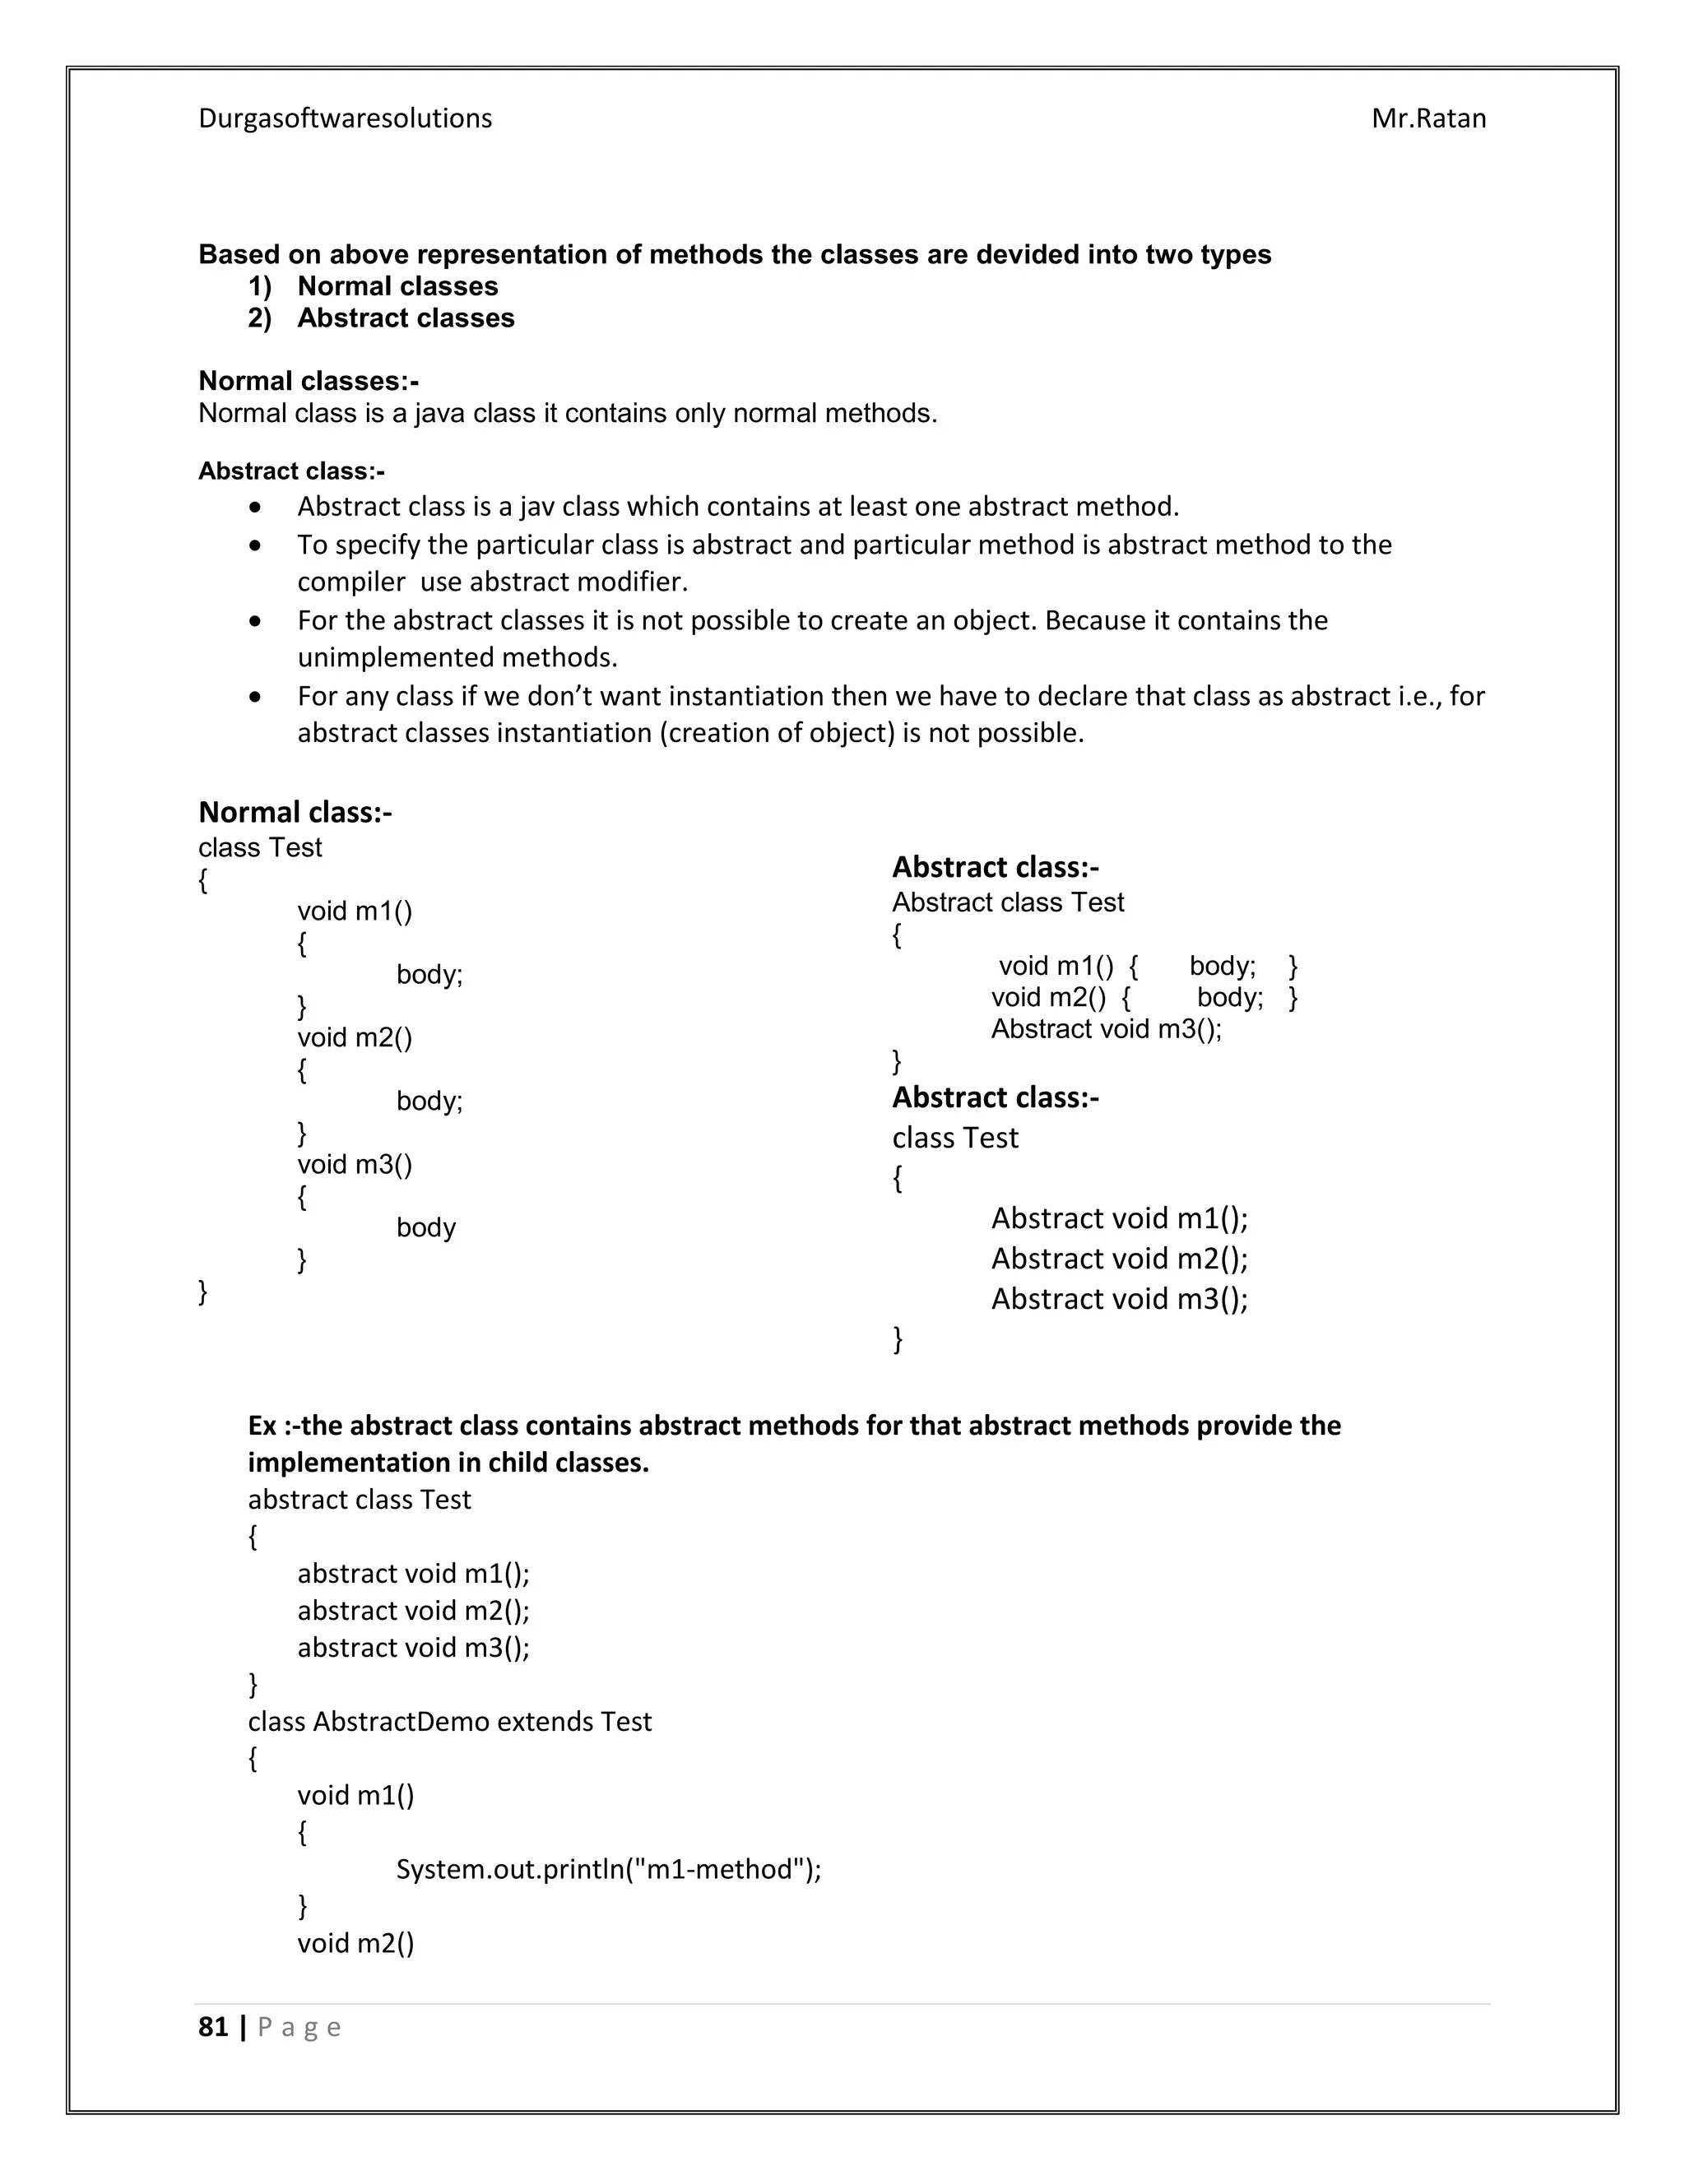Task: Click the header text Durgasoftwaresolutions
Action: (x=345, y=118)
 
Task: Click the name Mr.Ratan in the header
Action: (x=1427, y=118)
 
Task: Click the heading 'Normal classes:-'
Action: (x=309, y=382)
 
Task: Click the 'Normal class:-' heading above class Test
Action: (x=295, y=813)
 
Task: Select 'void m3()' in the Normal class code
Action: (x=355, y=1165)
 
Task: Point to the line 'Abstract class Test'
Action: (x=1007, y=902)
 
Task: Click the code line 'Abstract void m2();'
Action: (x=1119, y=1259)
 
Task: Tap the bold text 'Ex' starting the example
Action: (x=262, y=1426)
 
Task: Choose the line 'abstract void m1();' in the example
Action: (x=413, y=1574)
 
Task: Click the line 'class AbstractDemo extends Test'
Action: (x=449, y=1722)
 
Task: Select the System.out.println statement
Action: (x=608, y=1870)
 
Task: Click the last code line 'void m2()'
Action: (x=355, y=1943)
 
